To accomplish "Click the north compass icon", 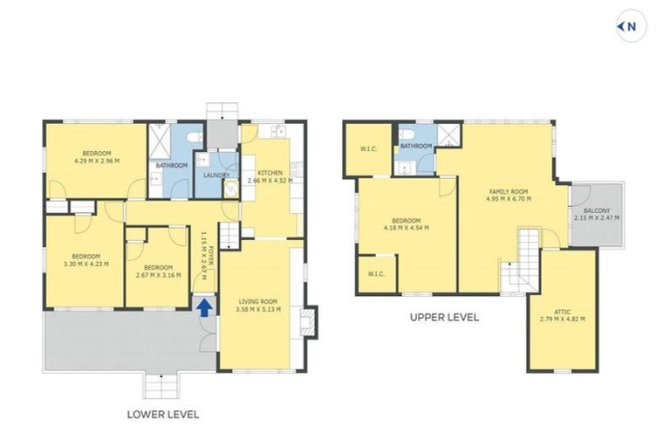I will click(x=629, y=27).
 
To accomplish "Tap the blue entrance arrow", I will click(x=203, y=306).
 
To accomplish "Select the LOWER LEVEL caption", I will click(x=163, y=414).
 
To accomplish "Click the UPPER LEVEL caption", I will click(x=444, y=318).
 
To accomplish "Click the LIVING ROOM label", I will click(x=257, y=302).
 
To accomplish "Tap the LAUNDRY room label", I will click(x=215, y=175).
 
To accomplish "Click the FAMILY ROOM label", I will click(x=509, y=191).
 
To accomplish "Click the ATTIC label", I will click(x=563, y=310).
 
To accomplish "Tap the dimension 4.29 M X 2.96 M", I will click(x=97, y=161).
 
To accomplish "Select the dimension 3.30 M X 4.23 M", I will click(x=86, y=263).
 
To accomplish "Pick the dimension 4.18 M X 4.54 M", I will click(x=406, y=228).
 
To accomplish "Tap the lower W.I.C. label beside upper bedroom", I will click(x=376, y=273).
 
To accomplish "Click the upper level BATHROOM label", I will click(x=416, y=146).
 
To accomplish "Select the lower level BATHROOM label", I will click(x=171, y=165).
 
